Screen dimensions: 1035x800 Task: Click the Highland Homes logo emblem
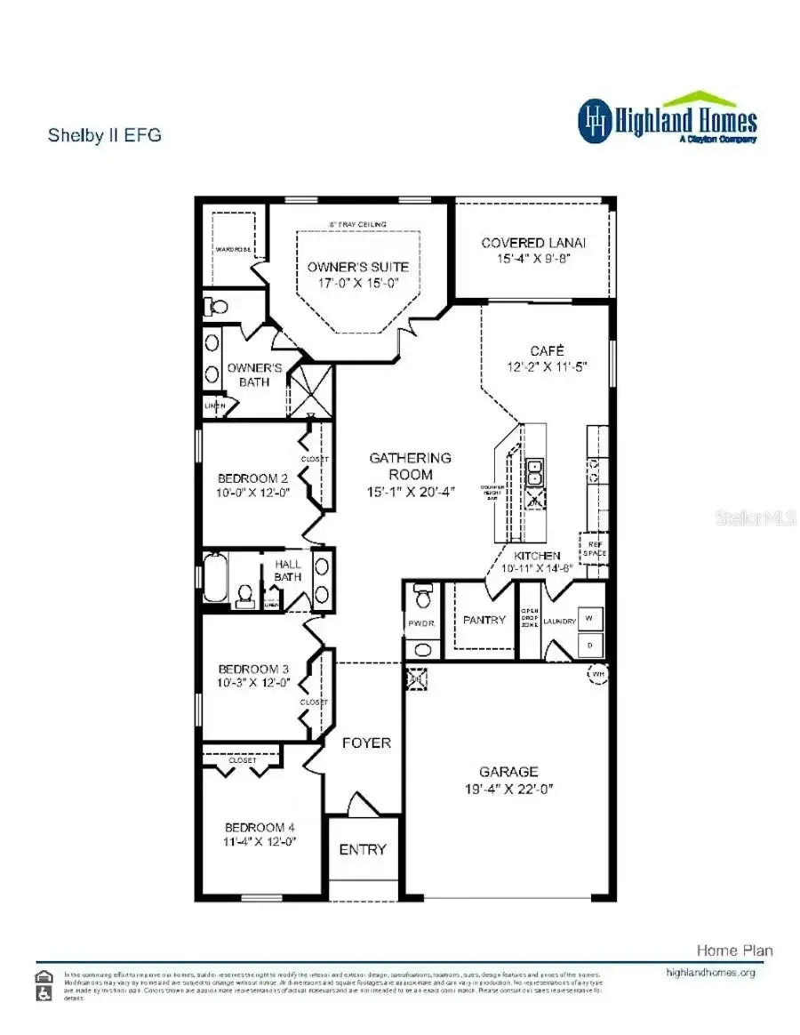[596, 121]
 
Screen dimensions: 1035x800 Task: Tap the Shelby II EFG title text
[104, 136]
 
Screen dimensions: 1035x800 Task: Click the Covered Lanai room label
[533, 243]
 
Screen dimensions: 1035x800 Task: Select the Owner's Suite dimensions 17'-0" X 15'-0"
[358, 283]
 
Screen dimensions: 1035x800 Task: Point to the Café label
[547, 350]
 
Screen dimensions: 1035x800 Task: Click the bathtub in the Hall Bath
[215, 578]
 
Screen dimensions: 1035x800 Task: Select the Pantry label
[484, 620]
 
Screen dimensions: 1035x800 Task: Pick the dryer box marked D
[588, 643]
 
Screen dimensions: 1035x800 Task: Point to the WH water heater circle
[596, 673]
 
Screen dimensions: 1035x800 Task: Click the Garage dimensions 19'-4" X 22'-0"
[510, 789]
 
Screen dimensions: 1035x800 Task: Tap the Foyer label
[366, 742]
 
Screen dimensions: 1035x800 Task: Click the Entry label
[363, 849]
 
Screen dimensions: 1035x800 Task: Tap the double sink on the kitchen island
[536, 474]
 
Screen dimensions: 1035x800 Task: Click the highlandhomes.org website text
[710, 973]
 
